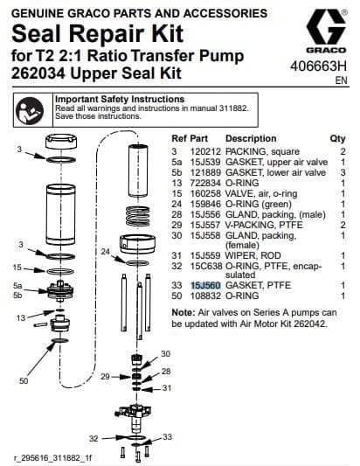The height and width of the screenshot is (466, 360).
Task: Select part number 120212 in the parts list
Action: tap(205, 151)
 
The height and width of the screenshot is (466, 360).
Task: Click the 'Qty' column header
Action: tap(337, 138)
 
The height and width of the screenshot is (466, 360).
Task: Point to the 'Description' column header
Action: tap(251, 138)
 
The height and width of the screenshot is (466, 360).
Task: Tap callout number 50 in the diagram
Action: tap(24, 381)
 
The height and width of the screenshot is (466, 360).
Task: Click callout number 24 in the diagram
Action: tap(105, 252)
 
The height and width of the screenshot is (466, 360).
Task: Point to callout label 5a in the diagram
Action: tap(17, 285)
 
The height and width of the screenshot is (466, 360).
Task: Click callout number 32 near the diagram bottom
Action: tap(93, 437)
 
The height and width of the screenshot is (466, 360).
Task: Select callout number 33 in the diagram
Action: tap(168, 435)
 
